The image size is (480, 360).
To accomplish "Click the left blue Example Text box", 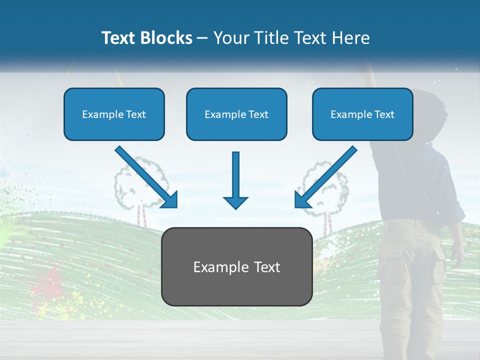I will coord(114,114).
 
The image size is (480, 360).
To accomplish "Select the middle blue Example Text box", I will coord(236,114).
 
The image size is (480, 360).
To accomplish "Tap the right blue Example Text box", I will coord(362,114).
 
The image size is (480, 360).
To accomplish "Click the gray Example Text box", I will coord(236,266).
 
